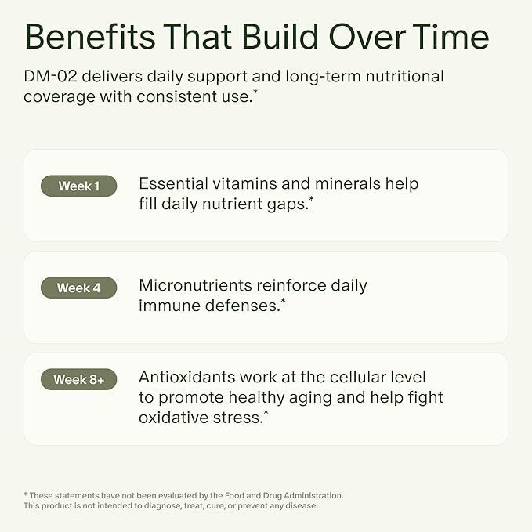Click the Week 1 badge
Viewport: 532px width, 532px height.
click(x=78, y=186)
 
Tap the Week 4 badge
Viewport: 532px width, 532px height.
click(x=78, y=288)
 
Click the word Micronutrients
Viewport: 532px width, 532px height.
click(x=195, y=285)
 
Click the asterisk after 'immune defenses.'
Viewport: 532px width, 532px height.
click(x=283, y=302)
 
